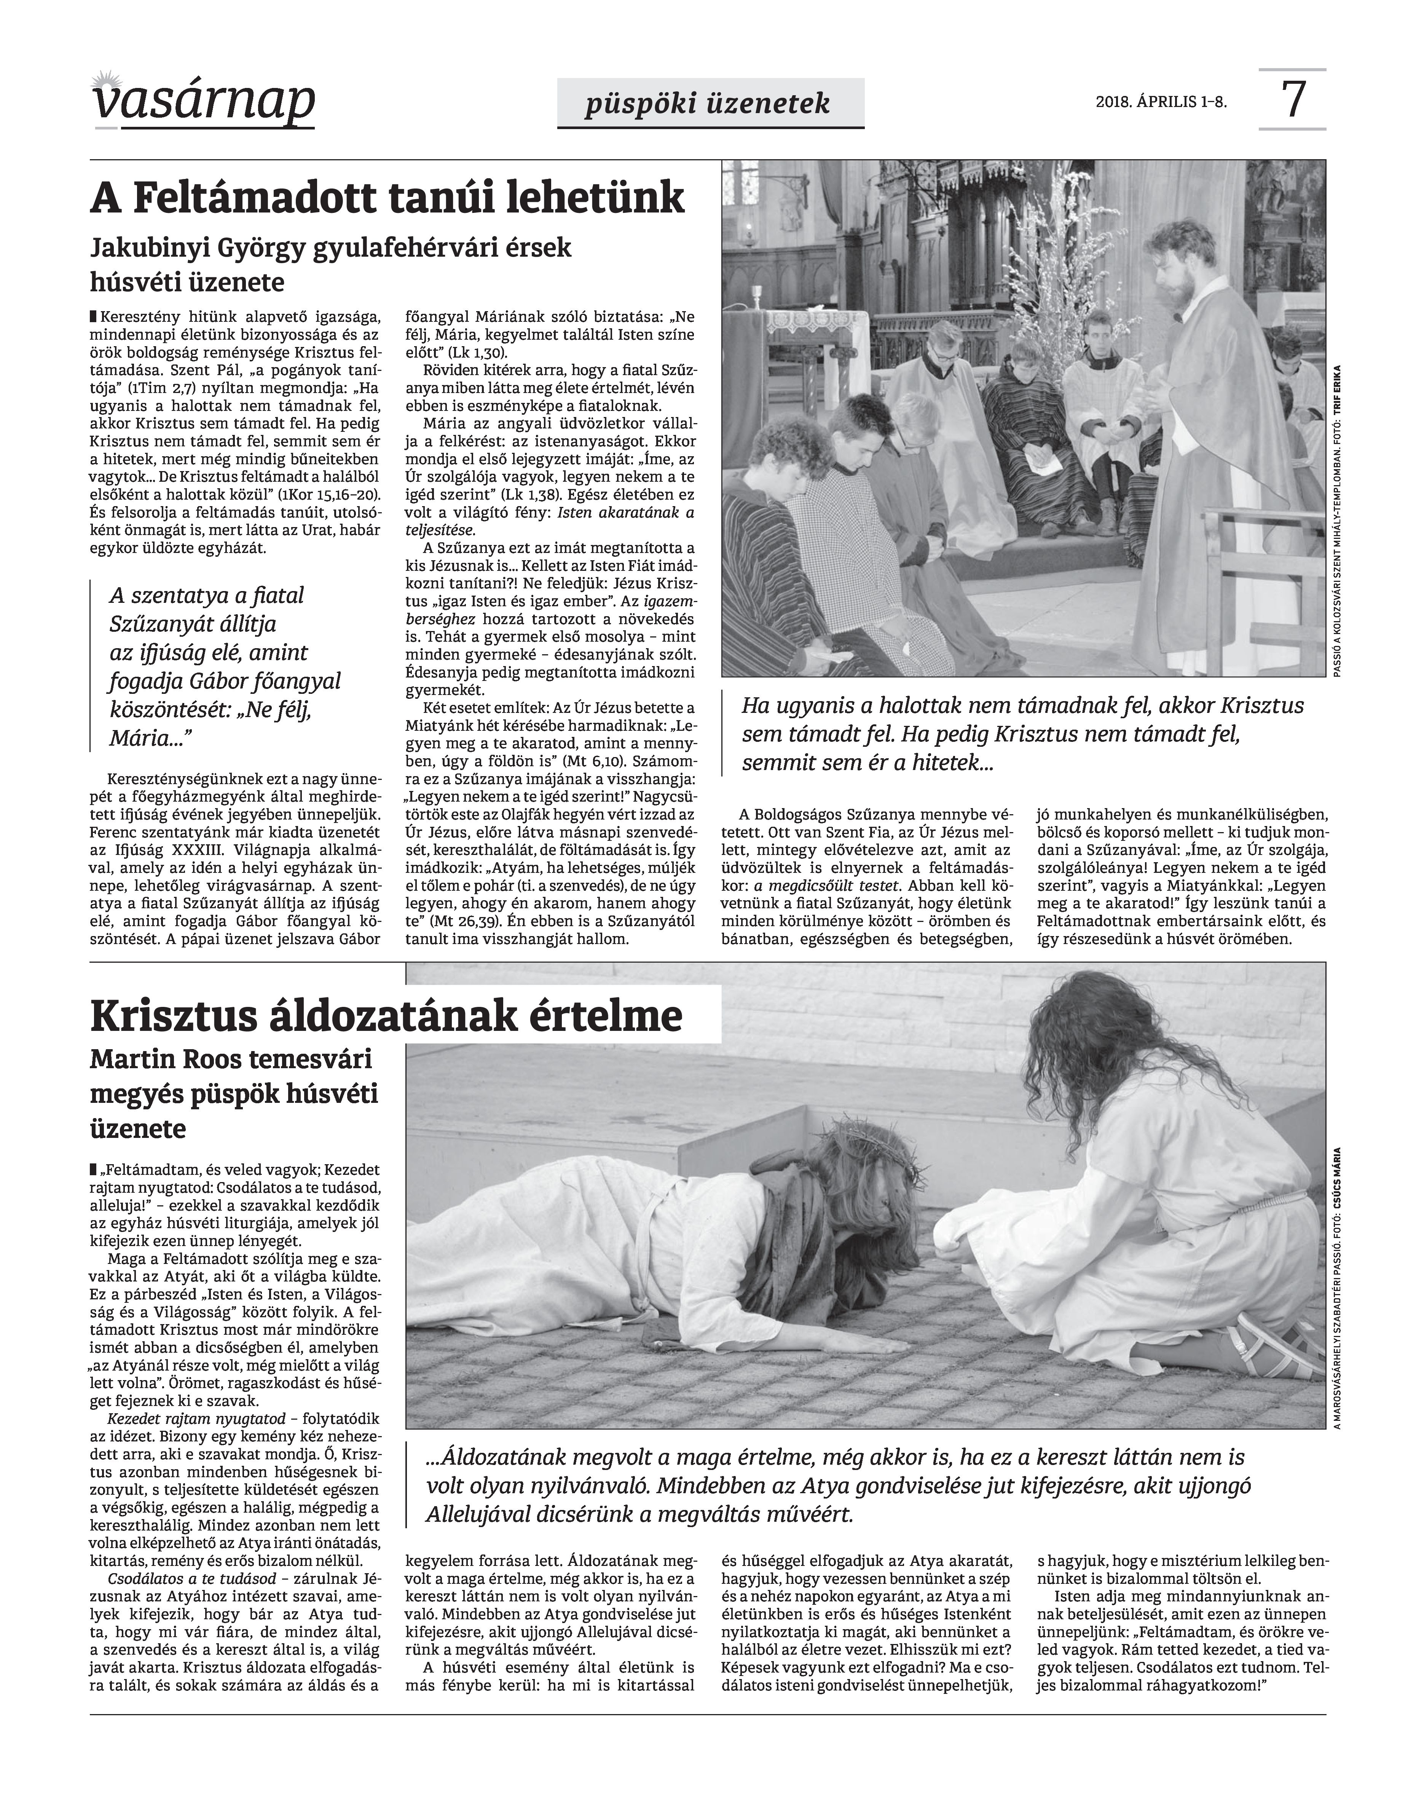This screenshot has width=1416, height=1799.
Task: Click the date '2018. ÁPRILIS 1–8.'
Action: point(1161,102)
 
